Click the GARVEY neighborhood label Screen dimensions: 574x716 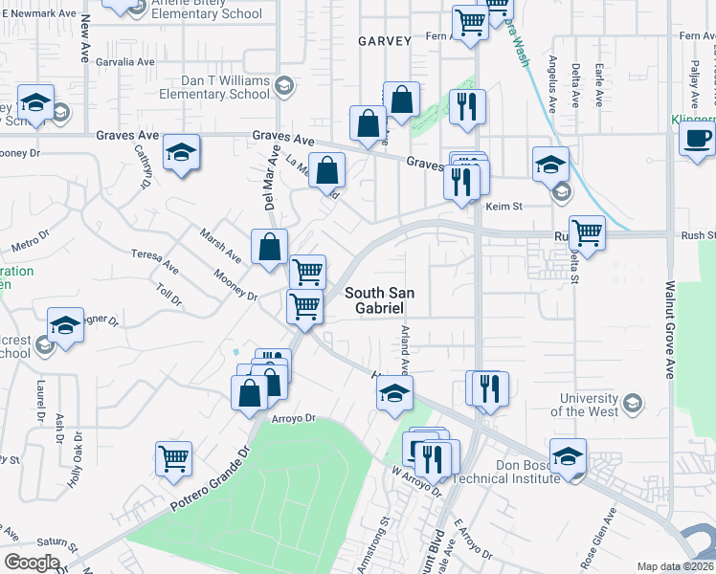(384, 41)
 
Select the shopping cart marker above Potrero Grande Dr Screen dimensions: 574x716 (174, 458)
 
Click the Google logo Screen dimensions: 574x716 (32, 563)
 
